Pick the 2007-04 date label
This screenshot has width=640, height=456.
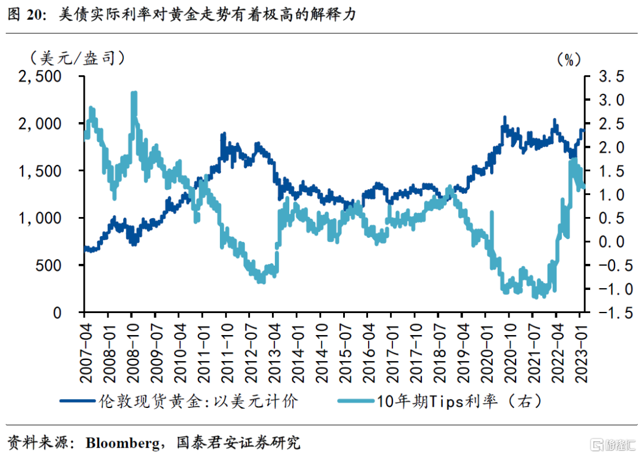pyautogui.click(x=85, y=345)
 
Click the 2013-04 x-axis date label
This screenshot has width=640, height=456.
pyautogui.click(x=274, y=345)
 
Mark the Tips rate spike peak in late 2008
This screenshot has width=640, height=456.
pyautogui.click(x=134, y=94)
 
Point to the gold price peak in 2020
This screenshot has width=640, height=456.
pyautogui.click(x=505, y=118)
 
